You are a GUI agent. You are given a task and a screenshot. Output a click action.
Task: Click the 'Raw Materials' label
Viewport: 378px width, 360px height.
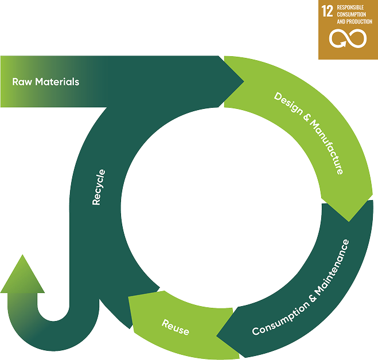point(45,81)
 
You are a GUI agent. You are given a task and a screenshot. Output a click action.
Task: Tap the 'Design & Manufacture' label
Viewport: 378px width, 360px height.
point(309,133)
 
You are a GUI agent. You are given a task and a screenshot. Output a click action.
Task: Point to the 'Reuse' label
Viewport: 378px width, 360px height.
point(175,327)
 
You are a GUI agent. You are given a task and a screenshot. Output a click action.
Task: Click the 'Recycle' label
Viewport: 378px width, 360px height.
point(99,187)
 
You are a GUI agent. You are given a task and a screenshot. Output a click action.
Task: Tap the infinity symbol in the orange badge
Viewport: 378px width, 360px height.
point(348,40)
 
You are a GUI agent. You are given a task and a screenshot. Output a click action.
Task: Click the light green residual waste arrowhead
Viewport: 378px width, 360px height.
point(23,274)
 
